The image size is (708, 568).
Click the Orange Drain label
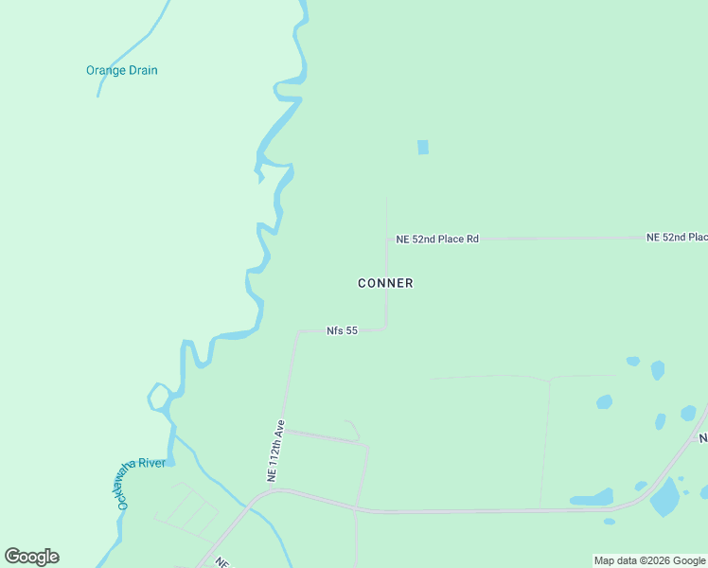click(121, 70)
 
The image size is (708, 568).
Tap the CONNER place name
click(385, 283)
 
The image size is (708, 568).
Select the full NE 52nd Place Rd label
click(437, 240)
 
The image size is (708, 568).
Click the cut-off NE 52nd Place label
click(676, 237)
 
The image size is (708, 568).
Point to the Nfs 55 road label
click(342, 330)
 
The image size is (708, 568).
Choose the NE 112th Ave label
click(275, 452)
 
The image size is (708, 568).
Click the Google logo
click(32, 557)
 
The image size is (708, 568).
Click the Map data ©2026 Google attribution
click(649, 560)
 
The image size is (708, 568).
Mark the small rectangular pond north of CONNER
click(423, 148)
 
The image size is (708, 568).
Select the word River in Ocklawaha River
click(151, 463)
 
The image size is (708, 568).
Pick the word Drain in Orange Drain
click(142, 70)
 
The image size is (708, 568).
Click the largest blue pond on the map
click(665, 497)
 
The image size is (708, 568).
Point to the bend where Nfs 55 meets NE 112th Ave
click(298, 331)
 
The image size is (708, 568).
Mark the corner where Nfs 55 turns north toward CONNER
click(386, 328)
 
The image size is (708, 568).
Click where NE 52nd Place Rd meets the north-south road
click(387, 240)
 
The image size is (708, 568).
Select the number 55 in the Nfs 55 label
click(350, 330)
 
